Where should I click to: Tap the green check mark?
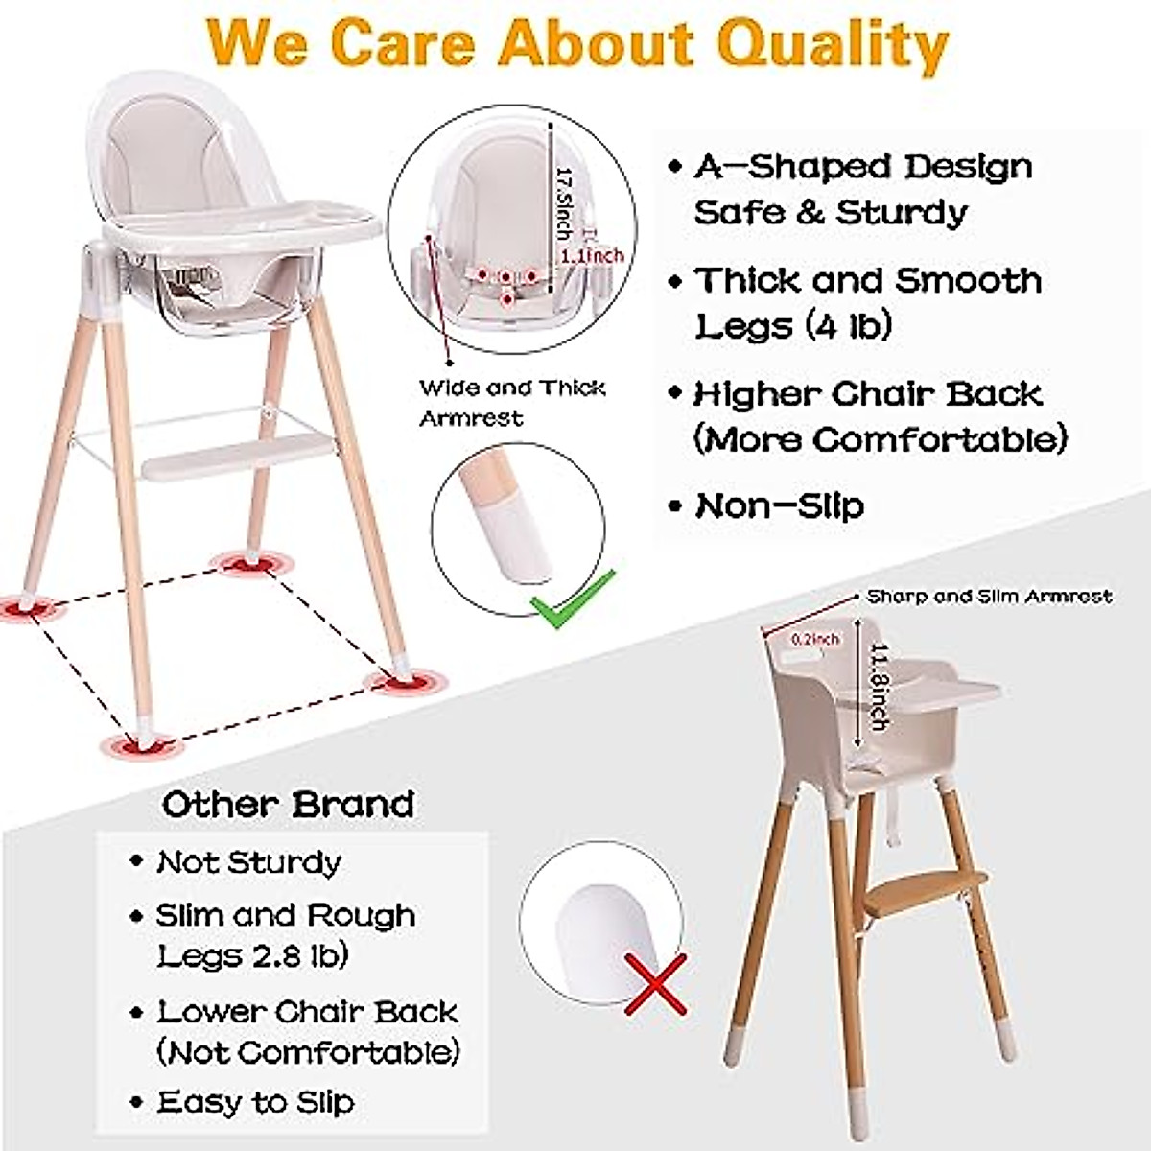[573, 601]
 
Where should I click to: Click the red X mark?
[656, 984]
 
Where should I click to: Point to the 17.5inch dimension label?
[564, 200]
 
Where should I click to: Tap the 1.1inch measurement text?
[592, 255]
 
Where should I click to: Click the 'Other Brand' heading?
[288, 804]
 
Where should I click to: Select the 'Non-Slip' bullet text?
[779, 505]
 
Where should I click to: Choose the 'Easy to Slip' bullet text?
[255, 1102]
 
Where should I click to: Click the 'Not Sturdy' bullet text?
[248, 862]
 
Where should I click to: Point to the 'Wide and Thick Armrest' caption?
[512, 402]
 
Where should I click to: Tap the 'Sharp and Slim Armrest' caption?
[989, 597]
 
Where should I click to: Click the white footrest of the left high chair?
[235, 456]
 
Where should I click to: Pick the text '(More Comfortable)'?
[880, 439]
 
